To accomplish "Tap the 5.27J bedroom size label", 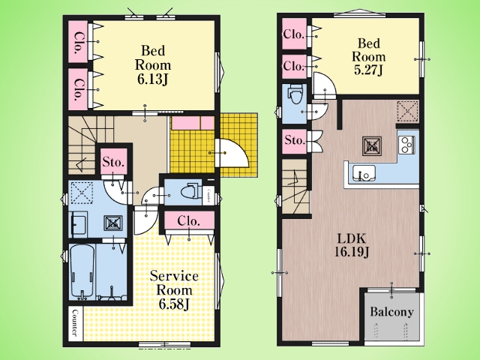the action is coord(368,70).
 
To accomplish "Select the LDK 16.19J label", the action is coord(352,245).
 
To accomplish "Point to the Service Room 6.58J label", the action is coord(174,290).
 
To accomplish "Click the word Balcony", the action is coord(391,312).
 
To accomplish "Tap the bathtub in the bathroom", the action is coord(82,271).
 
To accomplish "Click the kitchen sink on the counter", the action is coord(364,173).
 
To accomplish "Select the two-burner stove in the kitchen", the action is coord(406,145).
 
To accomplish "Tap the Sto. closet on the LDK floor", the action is coord(295,141).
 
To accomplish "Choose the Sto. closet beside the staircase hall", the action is coord(114,162).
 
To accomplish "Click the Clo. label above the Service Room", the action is coord(189,220).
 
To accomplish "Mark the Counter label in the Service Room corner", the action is coord(75,323).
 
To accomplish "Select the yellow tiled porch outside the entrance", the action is coord(238,145).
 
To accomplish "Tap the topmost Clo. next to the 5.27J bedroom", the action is coord(294,34).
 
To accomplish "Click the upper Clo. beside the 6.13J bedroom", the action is coord(78,42).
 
